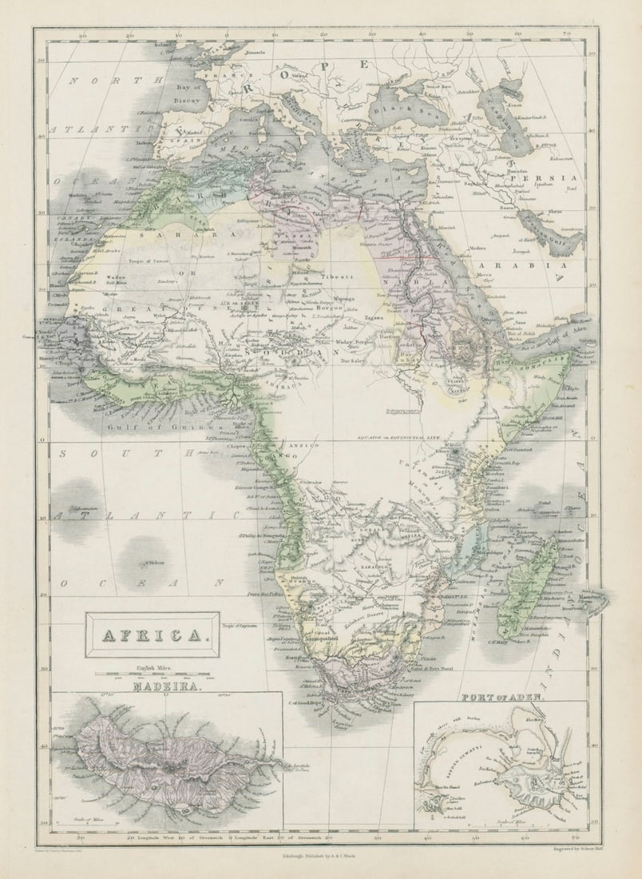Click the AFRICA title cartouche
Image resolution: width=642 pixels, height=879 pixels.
(152, 635)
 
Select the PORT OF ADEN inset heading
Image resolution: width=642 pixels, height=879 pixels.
(503, 697)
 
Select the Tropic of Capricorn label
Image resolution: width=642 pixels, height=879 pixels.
(240, 626)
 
